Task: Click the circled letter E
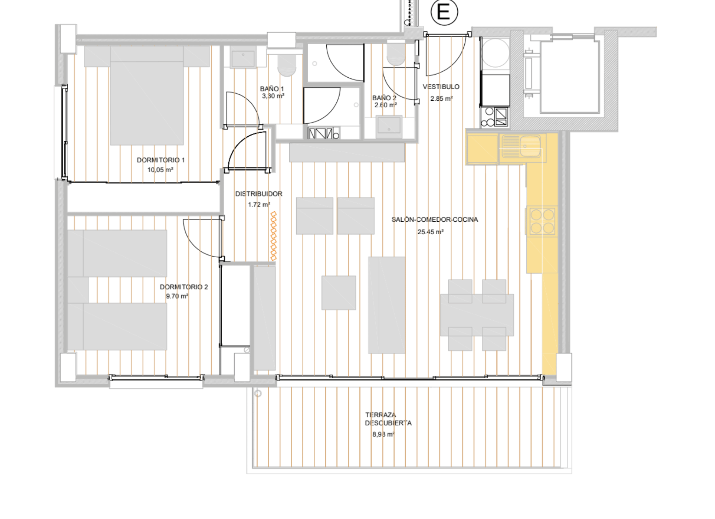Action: point(444,12)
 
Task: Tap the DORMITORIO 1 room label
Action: point(161,160)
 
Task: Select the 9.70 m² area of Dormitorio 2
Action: point(177,296)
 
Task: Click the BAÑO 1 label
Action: point(271,89)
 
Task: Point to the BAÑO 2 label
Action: point(384,98)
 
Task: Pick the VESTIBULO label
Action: point(441,87)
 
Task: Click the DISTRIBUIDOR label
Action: point(259,194)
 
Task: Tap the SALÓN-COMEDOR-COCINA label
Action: point(434,219)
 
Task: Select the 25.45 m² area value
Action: point(430,232)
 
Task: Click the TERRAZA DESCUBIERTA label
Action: point(388,419)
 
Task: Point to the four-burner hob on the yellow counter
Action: point(542,221)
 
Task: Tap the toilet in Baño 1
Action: point(287,65)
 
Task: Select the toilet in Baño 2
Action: point(396,54)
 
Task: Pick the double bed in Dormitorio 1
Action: point(147,96)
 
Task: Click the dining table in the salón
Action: point(477,315)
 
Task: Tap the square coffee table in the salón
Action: point(339,293)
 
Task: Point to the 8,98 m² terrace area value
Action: point(383,434)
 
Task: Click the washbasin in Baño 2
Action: point(389,127)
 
